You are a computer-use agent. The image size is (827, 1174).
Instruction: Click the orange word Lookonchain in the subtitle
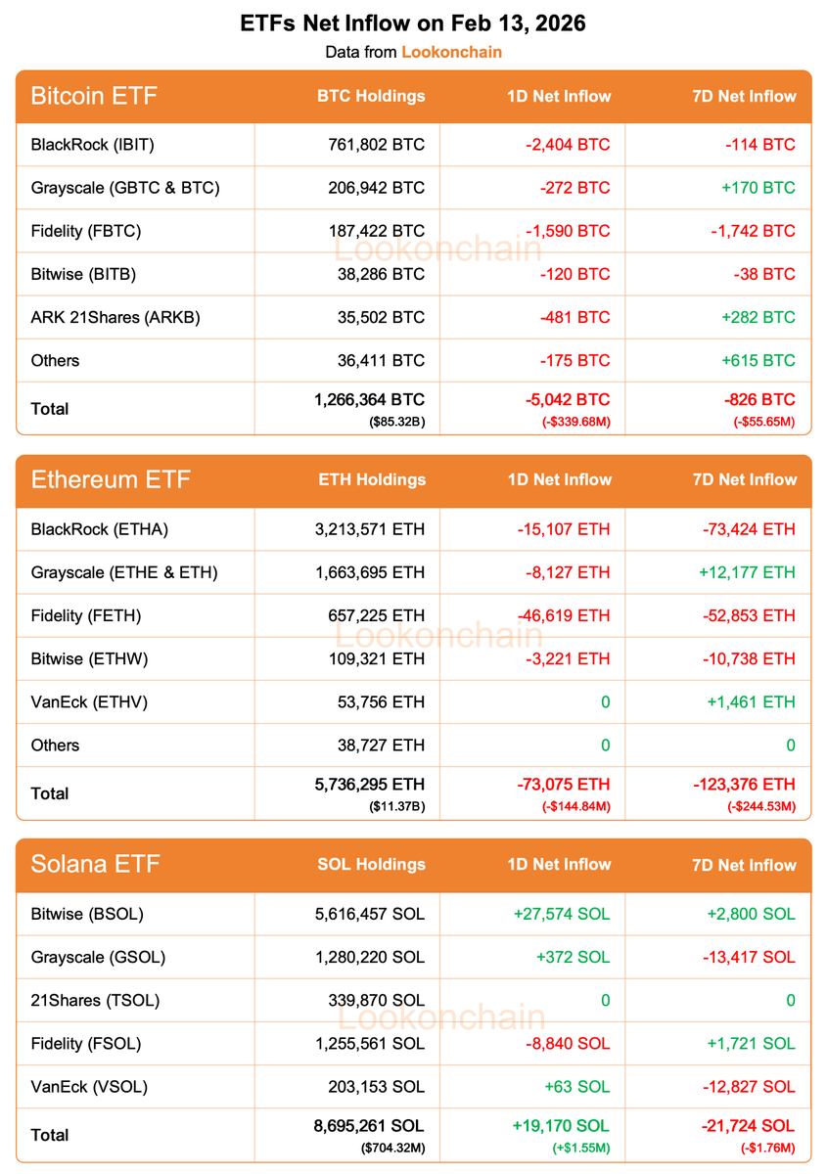click(451, 52)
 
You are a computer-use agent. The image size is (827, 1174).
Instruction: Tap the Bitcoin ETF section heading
click(94, 96)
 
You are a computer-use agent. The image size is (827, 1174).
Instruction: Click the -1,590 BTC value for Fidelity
click(574, 231)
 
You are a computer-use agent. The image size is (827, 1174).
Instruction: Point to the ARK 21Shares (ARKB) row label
click(115, 317)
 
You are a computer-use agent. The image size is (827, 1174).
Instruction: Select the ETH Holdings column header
click(372, 479)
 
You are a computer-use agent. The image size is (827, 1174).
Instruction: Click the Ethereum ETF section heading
click(111, 479)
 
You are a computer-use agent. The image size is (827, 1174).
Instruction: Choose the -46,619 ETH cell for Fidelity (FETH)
click(564, 615)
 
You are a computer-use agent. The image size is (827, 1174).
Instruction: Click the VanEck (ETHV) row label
click(89, 701)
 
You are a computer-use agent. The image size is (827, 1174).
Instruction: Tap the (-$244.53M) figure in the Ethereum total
click(760, 806)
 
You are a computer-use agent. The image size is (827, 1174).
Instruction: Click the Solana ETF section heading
click(95, 864)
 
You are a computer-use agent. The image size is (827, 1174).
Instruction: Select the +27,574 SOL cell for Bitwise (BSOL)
click(561, 914)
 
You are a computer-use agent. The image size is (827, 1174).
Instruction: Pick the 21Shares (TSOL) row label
click(95, 1000)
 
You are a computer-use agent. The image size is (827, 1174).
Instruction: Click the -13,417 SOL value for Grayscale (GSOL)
click(747, 957)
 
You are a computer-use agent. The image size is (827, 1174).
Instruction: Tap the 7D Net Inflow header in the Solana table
click(743, 865)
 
